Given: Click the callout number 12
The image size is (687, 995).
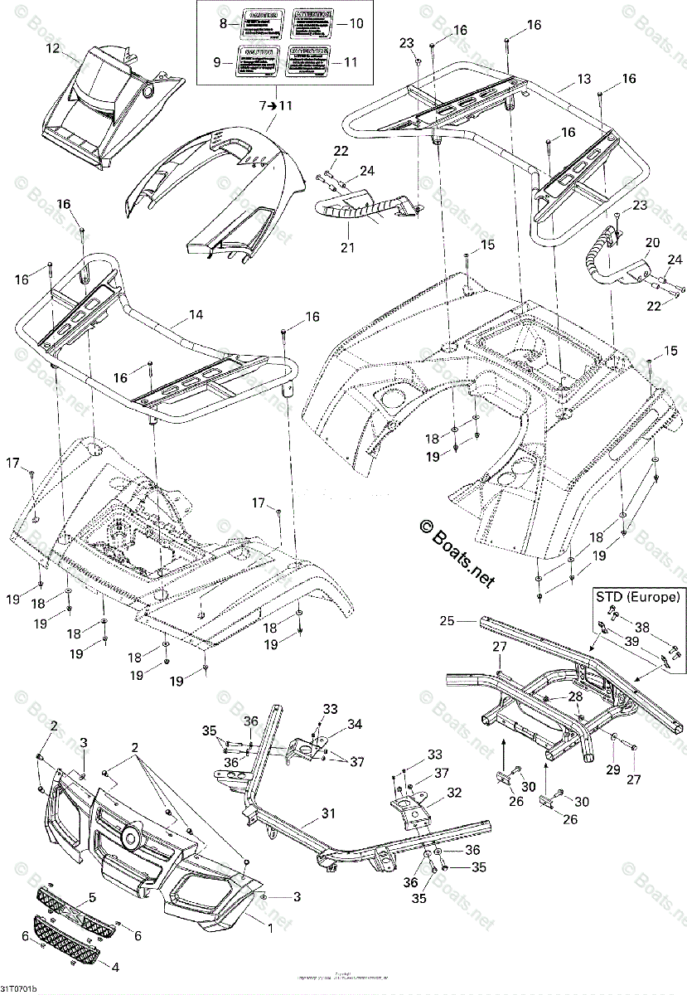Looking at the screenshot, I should [52, 48].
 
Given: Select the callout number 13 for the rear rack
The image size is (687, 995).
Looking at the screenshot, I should [584, 79].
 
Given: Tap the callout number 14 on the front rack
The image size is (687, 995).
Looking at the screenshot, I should [196, 315].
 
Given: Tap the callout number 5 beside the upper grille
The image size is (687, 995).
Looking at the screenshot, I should [92, 897].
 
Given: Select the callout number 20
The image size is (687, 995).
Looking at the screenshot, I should [652, 242].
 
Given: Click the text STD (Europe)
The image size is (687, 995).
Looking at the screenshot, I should [638, 596].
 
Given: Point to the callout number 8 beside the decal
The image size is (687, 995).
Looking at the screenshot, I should [223, 24].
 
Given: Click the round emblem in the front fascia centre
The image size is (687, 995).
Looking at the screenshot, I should [130, 836].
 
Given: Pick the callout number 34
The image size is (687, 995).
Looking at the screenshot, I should [355, 724].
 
